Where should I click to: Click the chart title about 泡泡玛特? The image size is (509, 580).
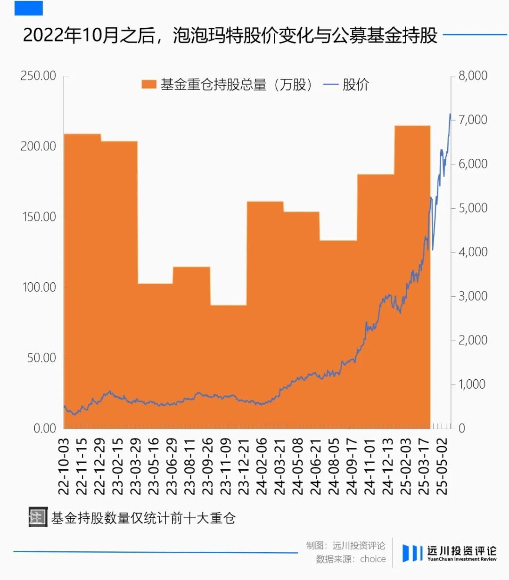230,36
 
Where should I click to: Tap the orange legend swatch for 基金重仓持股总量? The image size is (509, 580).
149,85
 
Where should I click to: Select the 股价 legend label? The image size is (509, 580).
356,85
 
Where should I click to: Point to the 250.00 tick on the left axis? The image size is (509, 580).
38,76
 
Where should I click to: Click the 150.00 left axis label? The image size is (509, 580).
39,217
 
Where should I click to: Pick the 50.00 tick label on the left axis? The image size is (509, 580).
41,358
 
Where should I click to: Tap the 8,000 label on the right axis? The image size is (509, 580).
473,76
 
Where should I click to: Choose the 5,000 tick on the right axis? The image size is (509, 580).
473,208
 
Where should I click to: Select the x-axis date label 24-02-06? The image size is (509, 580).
262,466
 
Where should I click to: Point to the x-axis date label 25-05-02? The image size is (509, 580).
442,466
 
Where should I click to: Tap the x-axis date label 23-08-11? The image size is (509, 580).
189,466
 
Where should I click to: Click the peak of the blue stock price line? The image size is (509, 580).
450,114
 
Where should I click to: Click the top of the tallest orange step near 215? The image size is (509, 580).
412,126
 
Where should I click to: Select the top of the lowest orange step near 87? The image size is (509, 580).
229,306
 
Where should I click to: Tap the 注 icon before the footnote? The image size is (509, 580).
38,517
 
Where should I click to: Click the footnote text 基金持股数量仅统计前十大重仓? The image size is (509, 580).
143,518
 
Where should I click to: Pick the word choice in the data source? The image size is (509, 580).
373,559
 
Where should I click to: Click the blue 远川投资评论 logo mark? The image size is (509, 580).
412,553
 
